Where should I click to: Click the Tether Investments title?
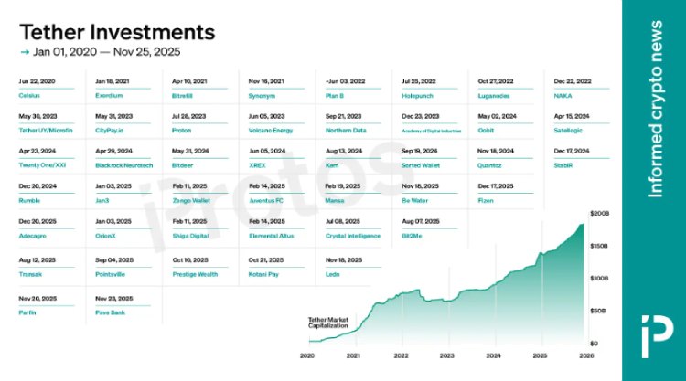point(117,32)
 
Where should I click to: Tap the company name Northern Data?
point(346,130)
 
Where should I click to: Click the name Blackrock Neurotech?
point(124,164)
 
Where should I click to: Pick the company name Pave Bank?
point(111,312)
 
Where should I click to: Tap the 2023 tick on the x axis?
point(447,355)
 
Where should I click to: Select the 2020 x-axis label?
point(307,355)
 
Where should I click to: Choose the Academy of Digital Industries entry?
point(430,130)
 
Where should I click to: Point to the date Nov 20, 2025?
point(38,298)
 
